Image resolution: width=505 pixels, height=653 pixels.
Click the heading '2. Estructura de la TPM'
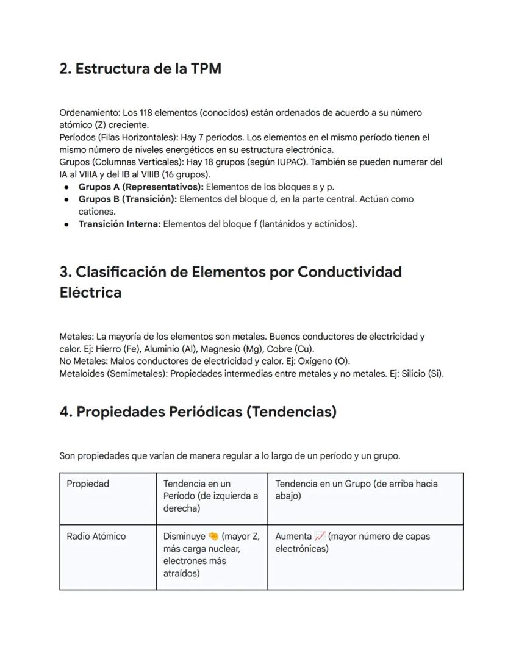coord(140,69)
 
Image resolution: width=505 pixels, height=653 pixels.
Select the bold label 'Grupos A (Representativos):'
coord(141,187)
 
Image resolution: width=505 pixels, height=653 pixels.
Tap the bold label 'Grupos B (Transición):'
coord(127,199)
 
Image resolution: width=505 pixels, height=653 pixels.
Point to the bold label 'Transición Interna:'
coord(120,224)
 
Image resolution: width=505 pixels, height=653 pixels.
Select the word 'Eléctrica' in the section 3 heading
coord(90,293)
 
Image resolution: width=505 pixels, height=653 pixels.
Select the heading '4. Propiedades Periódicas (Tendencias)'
coord(198,412)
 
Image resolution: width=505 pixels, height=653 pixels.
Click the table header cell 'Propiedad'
coord(88,484)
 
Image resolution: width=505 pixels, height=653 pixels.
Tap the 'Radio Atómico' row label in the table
coord(96,537)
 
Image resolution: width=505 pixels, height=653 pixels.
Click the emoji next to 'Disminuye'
coord(213,537)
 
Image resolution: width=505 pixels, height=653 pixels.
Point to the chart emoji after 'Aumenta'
coord(320,537)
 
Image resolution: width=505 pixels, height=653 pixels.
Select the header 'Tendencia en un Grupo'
coord(329,484)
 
